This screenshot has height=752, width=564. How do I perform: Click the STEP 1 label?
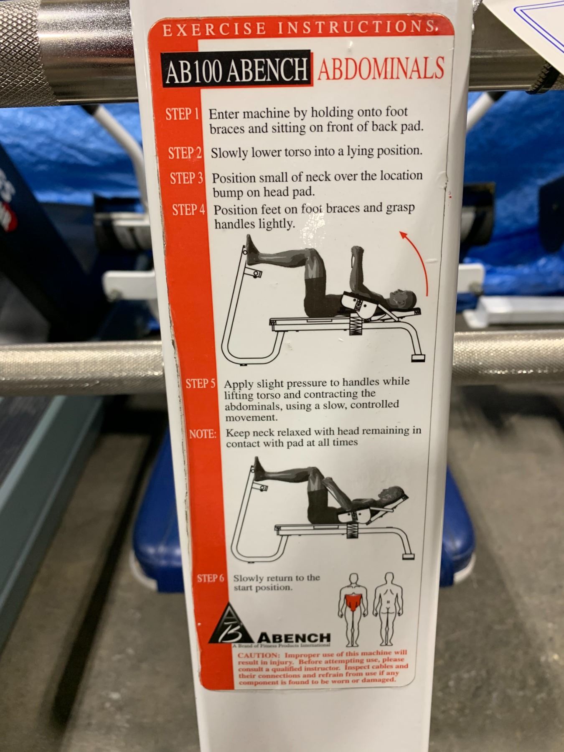tap(182, 114)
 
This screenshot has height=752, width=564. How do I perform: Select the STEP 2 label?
tap(185, 153)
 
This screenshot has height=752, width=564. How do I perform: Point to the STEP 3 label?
tap(186, 178)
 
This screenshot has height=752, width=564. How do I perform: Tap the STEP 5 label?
tap(201, 384)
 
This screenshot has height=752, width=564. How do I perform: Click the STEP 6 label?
tap(211, 579)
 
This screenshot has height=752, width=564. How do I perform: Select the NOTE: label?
tap(203, 434)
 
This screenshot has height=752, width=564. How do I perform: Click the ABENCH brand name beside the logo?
tap(294, 638)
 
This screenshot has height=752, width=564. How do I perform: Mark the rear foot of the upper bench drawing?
tap(418, 358)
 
